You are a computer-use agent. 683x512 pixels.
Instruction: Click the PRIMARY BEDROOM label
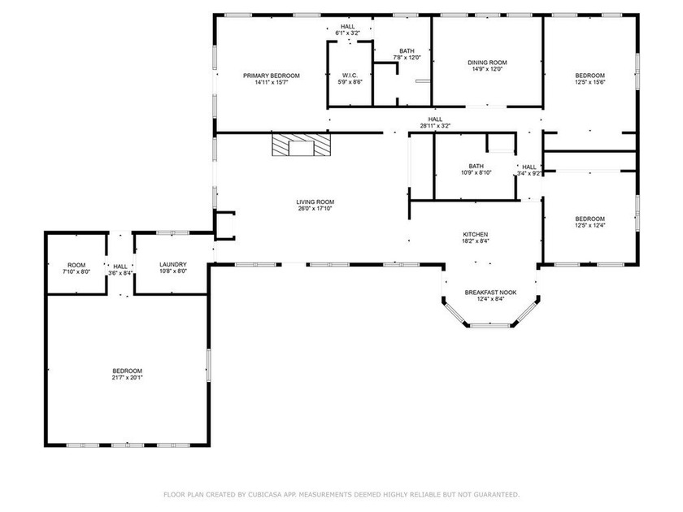(272, 76)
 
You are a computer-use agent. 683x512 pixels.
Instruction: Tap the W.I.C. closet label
(350, 76)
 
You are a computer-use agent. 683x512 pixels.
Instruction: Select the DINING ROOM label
(487, 63)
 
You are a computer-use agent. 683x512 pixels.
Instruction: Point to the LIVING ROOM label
(315, 202)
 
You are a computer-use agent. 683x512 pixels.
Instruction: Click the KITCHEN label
(475, 235)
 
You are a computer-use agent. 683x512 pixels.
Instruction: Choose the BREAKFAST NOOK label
(490, 293)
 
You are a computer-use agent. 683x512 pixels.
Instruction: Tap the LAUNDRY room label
(173, 265)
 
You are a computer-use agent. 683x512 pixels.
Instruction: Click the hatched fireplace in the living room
(301, 145)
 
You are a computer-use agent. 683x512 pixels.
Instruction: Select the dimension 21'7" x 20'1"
(127, 378)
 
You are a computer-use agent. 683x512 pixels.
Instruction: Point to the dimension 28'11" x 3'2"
(435, 126)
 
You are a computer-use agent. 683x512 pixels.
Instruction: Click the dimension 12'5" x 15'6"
(590, 82)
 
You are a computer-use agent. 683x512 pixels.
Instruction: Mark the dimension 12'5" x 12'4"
(590, 226)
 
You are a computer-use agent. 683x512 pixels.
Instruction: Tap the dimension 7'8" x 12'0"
(407, 58)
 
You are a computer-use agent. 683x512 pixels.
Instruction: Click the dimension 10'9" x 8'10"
(476, 173)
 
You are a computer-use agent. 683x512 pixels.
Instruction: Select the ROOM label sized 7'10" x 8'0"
(76, 265)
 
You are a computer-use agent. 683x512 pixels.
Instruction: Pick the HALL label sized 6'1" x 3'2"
(348, 27)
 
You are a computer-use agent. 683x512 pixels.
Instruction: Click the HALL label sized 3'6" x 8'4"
(120, 267)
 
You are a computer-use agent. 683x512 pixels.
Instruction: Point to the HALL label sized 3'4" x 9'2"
(529, 167)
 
